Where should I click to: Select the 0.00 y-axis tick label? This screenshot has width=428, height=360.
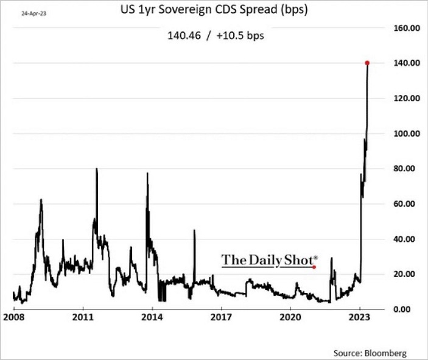[x=405, y=309]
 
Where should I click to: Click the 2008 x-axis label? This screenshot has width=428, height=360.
[x=13, y=317]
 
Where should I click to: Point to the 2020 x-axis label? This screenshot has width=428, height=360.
[x=290, y=317]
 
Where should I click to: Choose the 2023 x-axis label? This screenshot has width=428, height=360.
[x=360, y=317]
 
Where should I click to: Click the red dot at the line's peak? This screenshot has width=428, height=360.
[x=368, y=63]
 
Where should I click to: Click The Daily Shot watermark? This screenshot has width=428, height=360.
[x=268, y=261]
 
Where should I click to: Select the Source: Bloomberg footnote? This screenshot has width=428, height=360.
[x=370, y=353]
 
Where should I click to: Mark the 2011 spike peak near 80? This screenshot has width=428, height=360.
[x=97, y=169]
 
